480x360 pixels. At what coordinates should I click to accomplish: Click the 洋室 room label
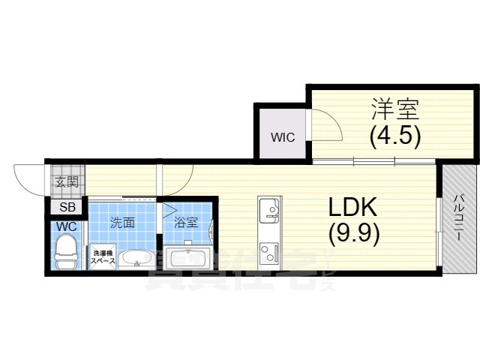pos(394,109)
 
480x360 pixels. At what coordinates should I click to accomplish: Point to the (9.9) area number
pos(354,232)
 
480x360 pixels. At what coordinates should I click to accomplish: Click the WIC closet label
pos(283,137)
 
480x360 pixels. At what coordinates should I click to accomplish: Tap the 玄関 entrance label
pos(66,182)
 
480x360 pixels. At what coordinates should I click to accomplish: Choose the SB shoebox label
pos(65,208)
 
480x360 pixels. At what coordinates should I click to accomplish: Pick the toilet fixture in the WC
pos(67,250)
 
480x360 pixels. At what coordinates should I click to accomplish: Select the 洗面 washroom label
pos(122,223)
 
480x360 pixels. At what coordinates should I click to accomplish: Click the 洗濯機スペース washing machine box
pos(103,257)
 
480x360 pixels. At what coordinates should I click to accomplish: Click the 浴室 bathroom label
pos(185,223)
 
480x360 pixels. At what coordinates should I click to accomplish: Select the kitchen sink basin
pos(268,209)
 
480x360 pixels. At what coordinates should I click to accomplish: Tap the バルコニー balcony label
pos(457,218)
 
